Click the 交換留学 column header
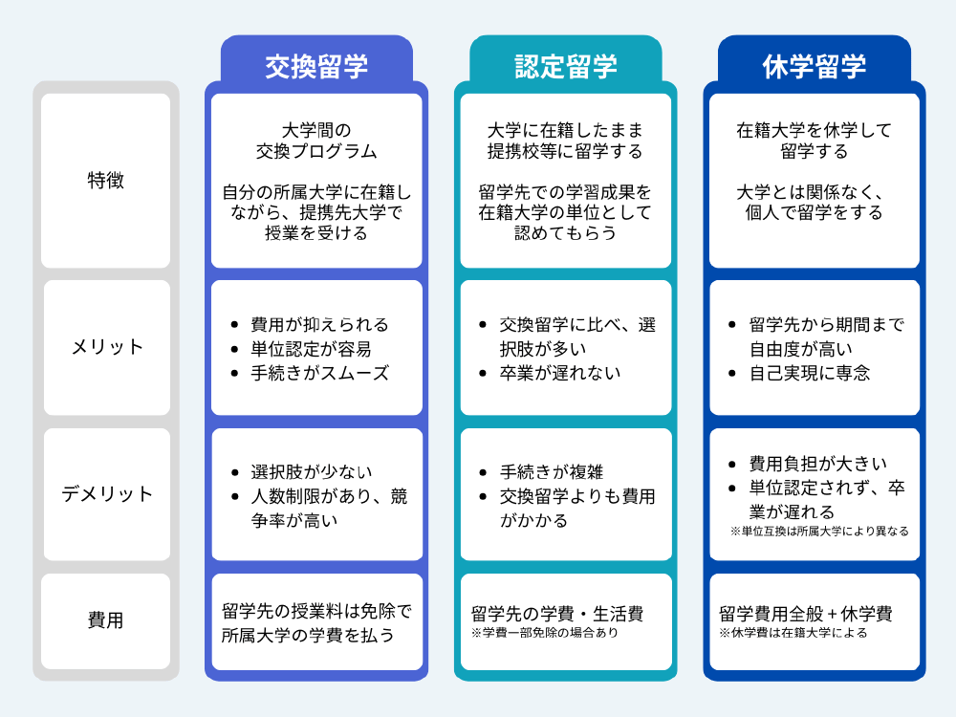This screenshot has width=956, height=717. [316, 67]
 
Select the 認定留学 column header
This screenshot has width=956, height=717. [566, 67]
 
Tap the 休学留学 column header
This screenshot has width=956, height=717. [815, 67]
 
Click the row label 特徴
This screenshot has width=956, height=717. [105, 181]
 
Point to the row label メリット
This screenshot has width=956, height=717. [107, 347]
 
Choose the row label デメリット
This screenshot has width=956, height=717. [107, 494]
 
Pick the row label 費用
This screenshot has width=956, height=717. [105, 620]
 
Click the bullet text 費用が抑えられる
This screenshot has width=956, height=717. [320, 324]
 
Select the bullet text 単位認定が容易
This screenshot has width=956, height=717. [311, 349]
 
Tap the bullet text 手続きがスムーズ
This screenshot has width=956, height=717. [320, 373]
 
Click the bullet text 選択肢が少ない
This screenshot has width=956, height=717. [312, 472]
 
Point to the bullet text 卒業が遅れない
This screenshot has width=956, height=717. [560, 373]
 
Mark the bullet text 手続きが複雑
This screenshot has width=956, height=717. [552, 472]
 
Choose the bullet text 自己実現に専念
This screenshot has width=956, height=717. [810, 373]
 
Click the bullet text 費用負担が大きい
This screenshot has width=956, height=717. [818, 464]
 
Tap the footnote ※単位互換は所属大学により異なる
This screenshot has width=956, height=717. [819, 531]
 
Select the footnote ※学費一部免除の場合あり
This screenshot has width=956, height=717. [545, 633]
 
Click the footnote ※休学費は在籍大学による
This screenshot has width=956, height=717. [793, 633]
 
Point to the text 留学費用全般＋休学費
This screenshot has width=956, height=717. [805, 614]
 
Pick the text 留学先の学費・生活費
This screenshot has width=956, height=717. [557, 614]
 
